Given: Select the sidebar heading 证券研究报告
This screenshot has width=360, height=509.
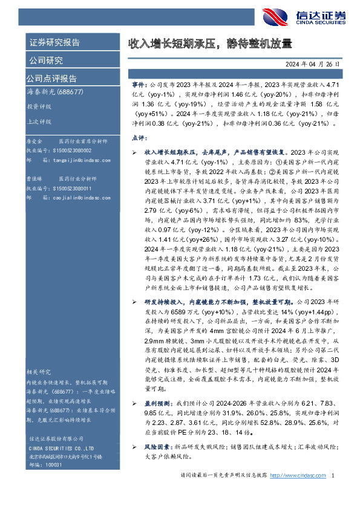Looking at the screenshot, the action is (x=54, y=43).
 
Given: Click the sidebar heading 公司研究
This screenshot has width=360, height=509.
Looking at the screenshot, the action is (x=45, y=60).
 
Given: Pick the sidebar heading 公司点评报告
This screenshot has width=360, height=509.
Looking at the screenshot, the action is (x=51, y=79).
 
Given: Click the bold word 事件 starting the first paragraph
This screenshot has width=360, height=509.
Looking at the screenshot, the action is (x=139, y=86).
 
